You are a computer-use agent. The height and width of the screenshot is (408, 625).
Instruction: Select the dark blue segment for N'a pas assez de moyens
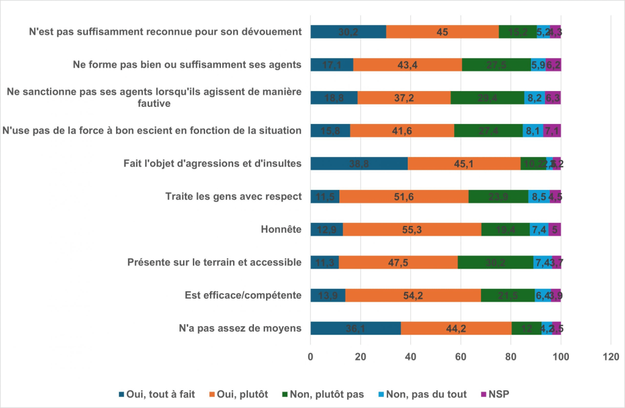coord(355,328)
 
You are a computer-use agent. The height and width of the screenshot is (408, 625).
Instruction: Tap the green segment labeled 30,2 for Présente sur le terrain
coord(495,263)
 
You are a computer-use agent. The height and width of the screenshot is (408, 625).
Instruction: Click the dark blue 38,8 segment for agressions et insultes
coord(359,164)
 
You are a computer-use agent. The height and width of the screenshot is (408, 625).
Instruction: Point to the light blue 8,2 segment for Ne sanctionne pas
coord(534,98)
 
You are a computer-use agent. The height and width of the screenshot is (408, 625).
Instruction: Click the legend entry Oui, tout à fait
coord(155,394)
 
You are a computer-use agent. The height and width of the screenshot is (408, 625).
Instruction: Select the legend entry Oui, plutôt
coord(239,394)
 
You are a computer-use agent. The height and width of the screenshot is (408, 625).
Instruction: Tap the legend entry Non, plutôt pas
coord(322,394)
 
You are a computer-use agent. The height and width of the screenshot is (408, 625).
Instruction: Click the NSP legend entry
coord(495,394)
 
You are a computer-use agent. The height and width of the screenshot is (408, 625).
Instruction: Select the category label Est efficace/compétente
coord(244,296)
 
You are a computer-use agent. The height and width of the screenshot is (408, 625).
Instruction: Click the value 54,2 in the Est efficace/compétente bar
coord(413,296)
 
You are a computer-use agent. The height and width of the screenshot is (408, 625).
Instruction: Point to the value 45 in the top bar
coord(443,32)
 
